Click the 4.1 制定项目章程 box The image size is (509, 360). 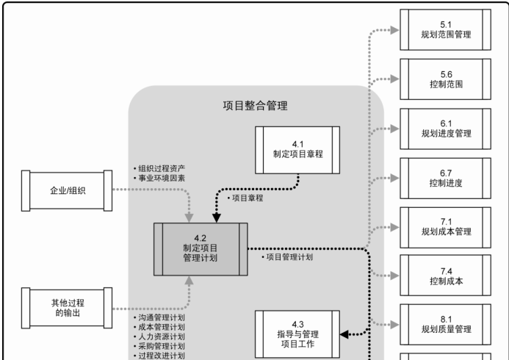[x=297, y=150]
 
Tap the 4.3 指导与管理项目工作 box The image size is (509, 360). [x=297, y=334]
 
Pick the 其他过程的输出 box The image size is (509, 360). [x=67, y=306]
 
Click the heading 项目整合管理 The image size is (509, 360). [x=255, y=105]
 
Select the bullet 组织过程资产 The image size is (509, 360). [x=159, y=168]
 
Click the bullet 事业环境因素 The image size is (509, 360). [x=159, y=178]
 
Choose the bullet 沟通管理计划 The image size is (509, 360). [x=159, y=317]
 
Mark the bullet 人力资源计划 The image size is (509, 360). [x=159, y=336]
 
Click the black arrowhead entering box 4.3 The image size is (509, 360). [x=345, y=334]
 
